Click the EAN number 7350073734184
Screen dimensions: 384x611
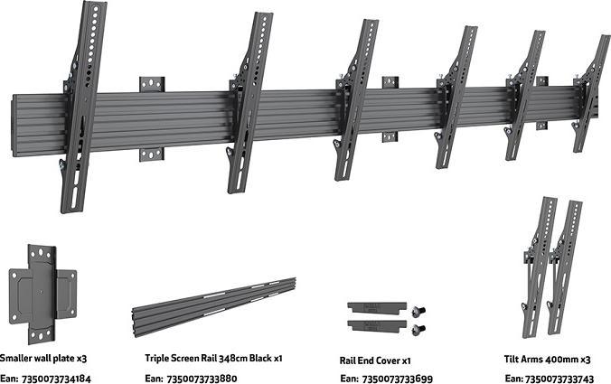[58, 378]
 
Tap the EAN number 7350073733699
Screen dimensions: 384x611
[398, 378]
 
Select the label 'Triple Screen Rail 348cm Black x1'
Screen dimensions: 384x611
[213, 358]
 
